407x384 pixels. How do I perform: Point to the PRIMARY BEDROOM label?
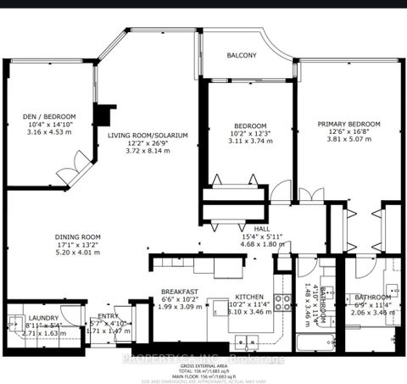[x=349, y=124]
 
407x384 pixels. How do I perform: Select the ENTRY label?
[x=108, y=316]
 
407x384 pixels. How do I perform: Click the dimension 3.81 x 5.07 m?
[x=349, y=141]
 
